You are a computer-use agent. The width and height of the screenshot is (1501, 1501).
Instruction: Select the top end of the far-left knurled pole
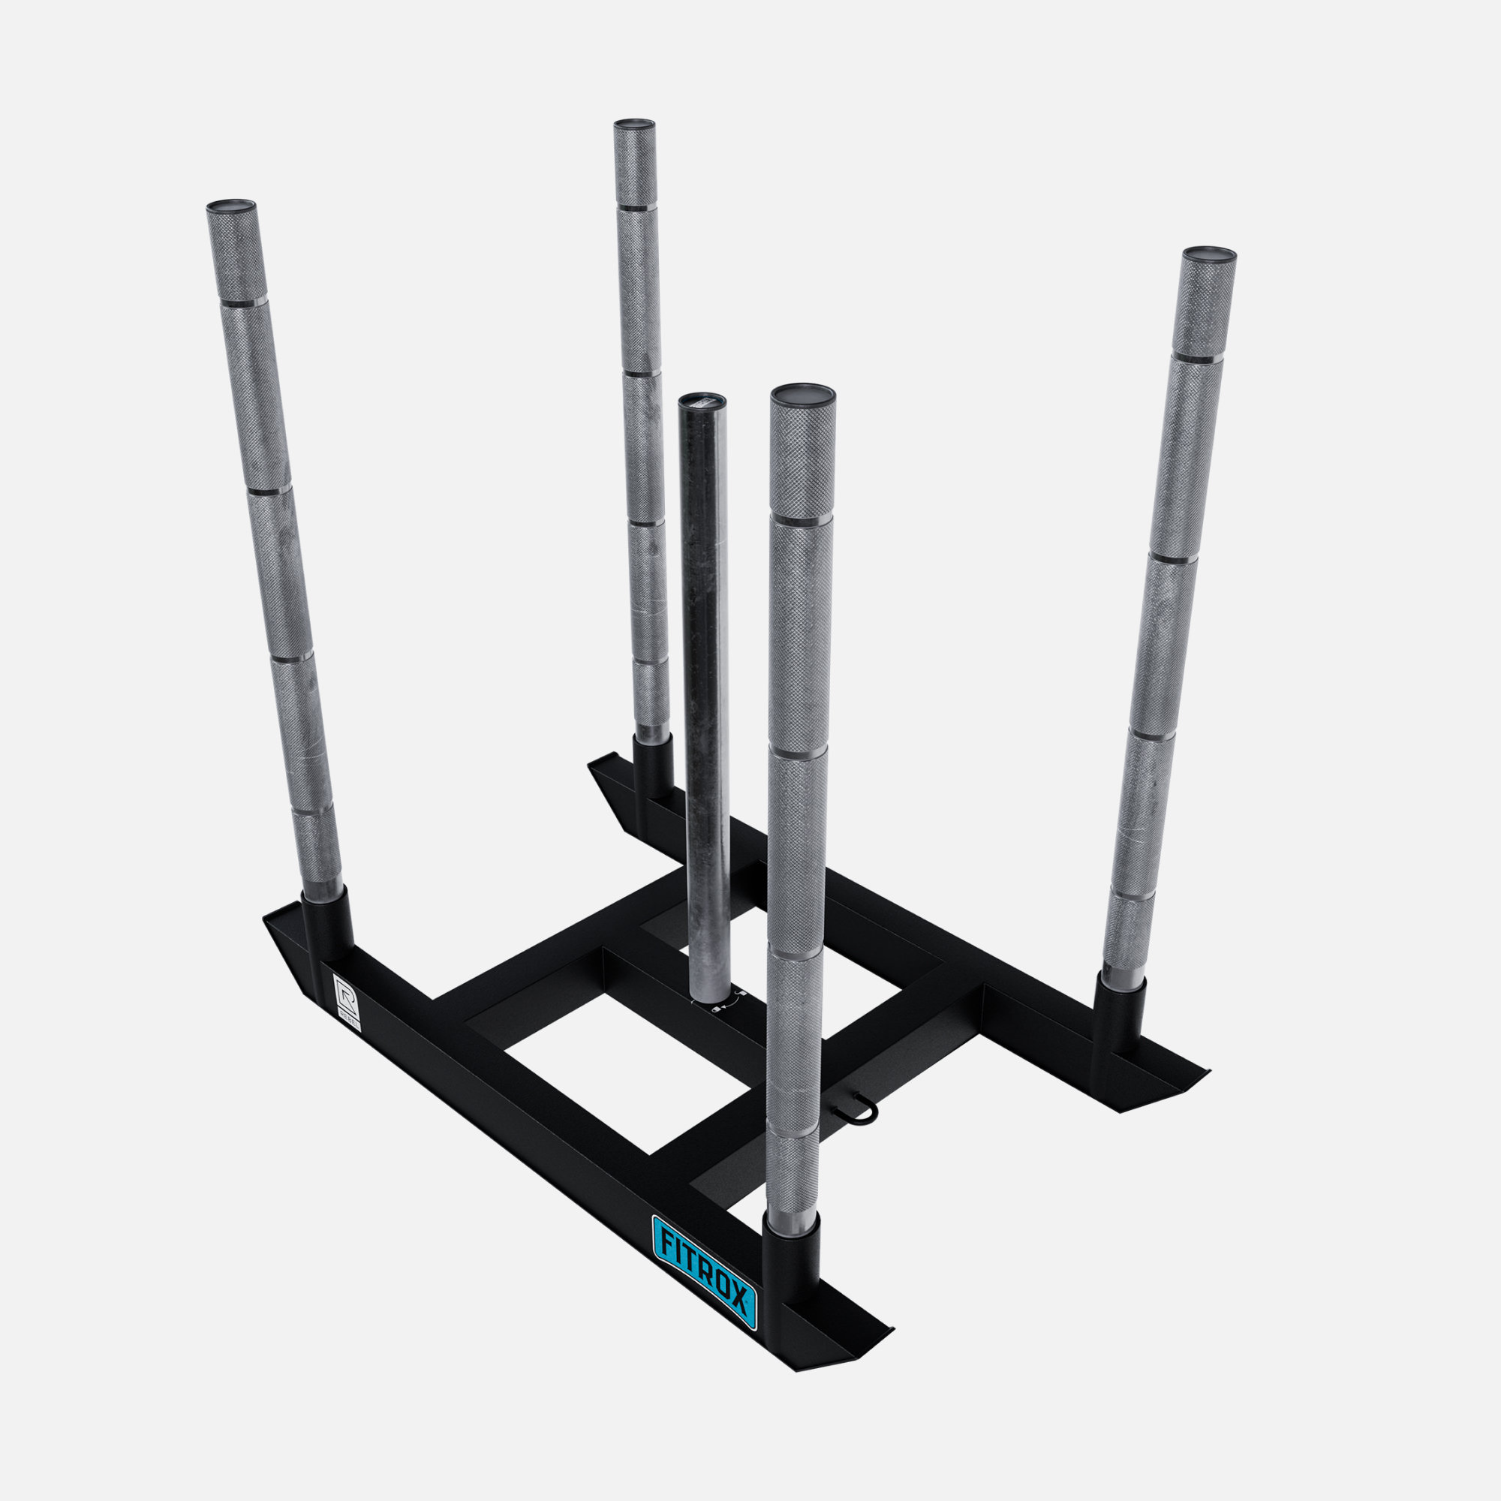[230, 206]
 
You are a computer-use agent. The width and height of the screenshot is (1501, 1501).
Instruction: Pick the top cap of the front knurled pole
[802, 393]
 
